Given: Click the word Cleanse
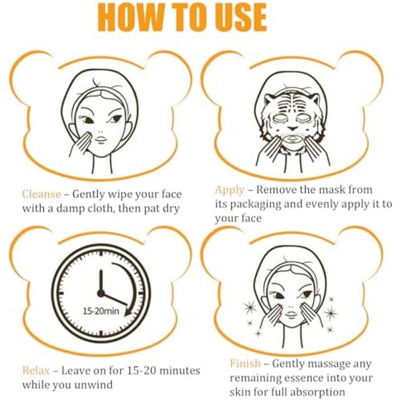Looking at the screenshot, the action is (41, 194).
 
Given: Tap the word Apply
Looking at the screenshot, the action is (229, 190).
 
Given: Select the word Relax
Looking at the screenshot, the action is (36, 370).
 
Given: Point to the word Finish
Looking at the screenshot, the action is (245, 363).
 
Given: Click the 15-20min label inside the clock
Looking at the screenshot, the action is (101, 311).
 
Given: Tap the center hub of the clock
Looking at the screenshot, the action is (101, 293).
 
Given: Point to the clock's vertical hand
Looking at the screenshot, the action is (101, 281).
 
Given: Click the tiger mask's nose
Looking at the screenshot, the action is (292, 126).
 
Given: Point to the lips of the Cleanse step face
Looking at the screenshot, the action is (101, 140).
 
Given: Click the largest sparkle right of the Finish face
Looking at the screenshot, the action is (330, 312).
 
